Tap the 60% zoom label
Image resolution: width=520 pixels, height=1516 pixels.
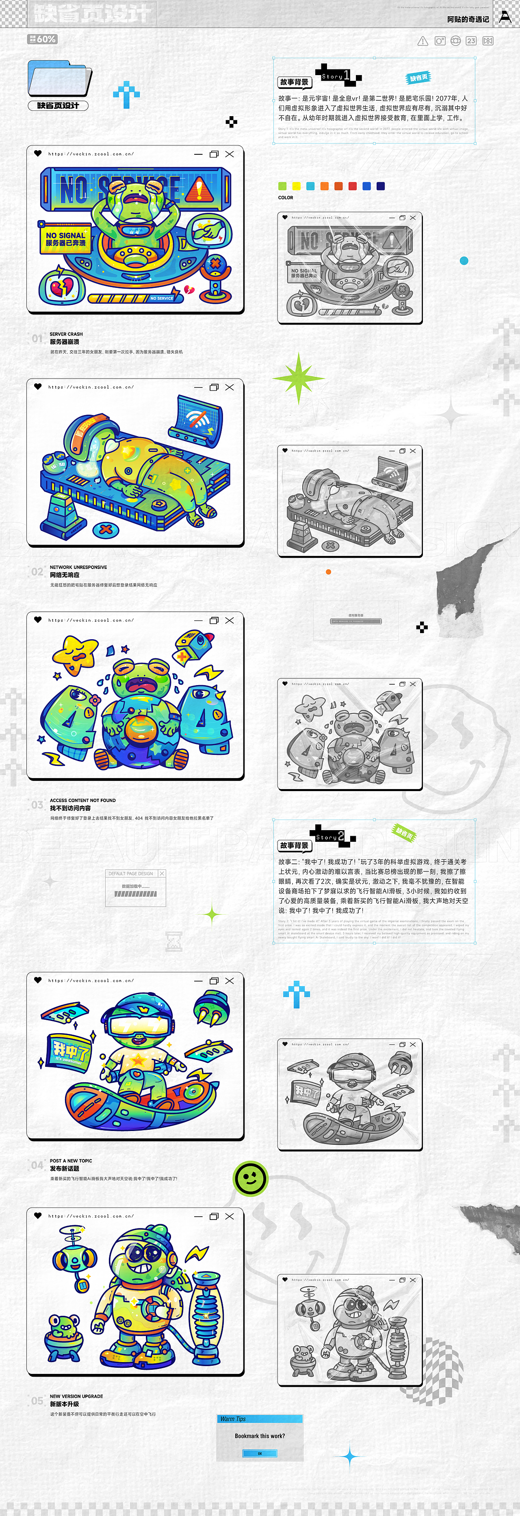(42, 39)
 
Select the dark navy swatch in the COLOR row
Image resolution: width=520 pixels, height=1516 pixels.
(380, 186)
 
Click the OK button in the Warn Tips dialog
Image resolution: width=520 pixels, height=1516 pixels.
(260, 1453)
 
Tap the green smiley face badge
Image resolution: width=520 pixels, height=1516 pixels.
(251, 1179)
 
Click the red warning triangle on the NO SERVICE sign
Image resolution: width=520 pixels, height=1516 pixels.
(199, 188)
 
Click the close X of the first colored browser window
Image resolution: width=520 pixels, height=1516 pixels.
(230, 154)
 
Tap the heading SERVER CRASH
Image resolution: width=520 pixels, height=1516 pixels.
(66, 334)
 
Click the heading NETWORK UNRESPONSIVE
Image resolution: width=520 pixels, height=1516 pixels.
(78, 567)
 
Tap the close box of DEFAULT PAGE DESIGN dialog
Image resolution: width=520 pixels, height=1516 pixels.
(162, 874)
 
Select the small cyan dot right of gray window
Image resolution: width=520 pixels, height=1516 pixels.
(464, 261)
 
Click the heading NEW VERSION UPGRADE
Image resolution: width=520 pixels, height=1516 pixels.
(76, 1396)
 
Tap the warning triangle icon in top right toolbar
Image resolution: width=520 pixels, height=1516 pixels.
(423, 41)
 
